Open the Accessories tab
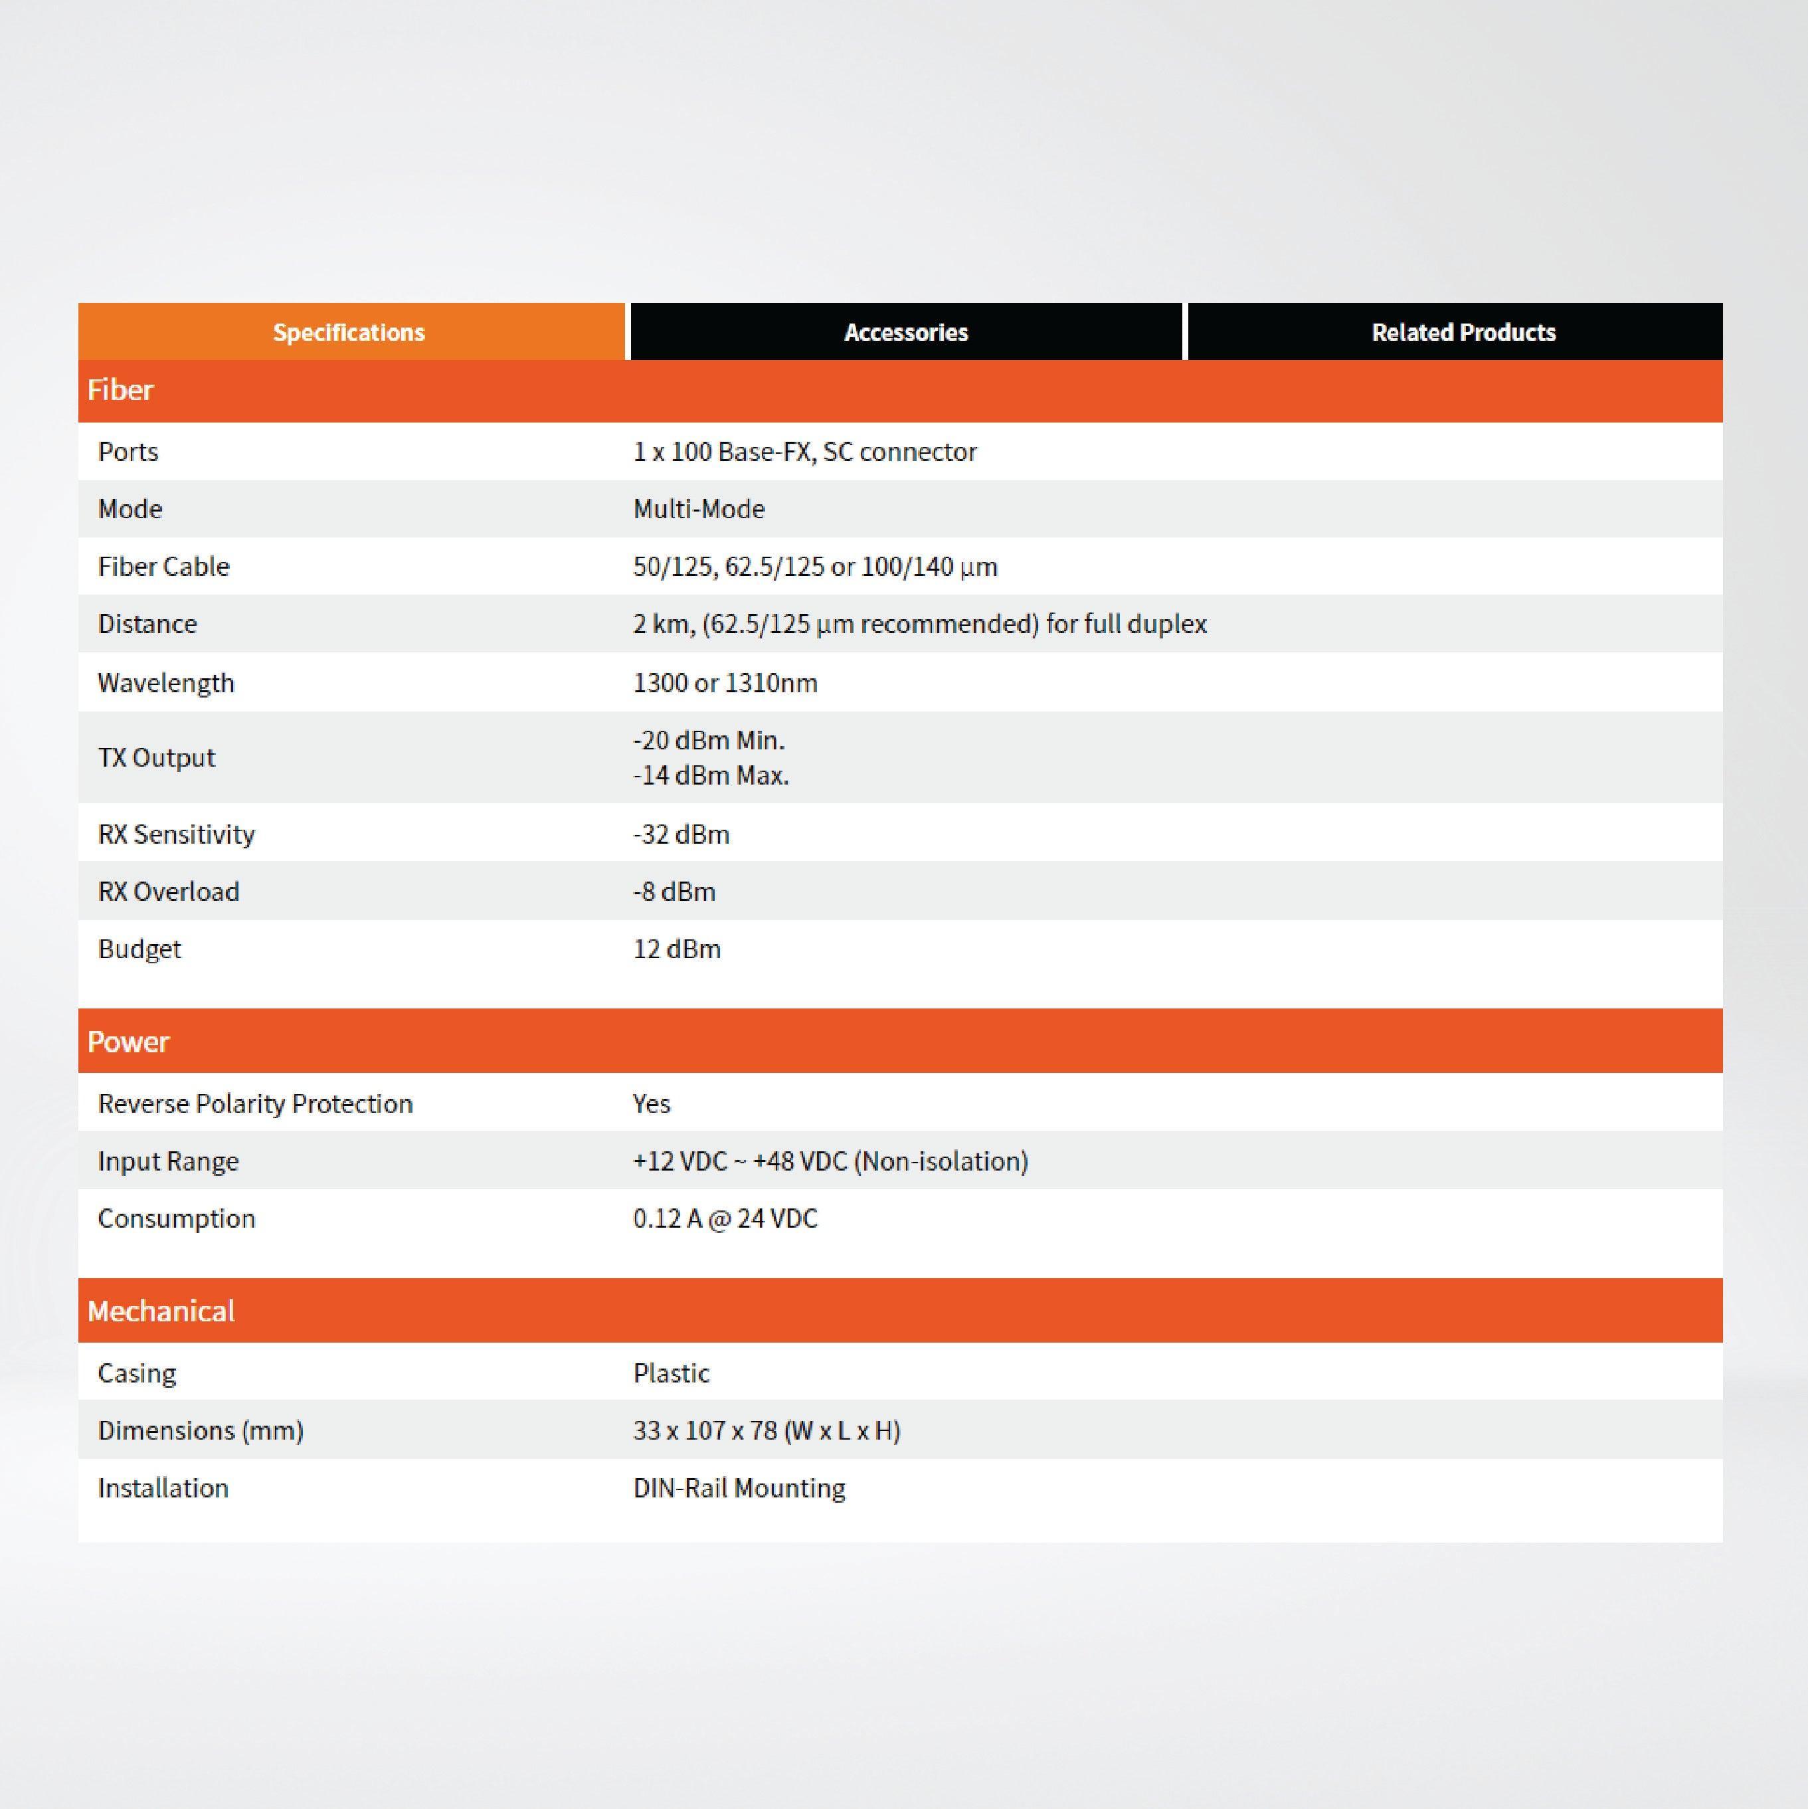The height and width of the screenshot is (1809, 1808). coord(905,332)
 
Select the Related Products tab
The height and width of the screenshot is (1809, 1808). coord(1463,332)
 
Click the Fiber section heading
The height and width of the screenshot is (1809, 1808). coord(121,389)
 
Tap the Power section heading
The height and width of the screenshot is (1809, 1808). coord(128,1041)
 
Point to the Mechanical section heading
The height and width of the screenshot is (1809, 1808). coord(161,1311)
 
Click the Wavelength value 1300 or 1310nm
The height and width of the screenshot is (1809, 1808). coord(725,682)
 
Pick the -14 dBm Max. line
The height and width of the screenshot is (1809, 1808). coord(711,775)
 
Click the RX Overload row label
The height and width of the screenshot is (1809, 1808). coord(169,892)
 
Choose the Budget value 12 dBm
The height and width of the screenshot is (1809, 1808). coord(676,949)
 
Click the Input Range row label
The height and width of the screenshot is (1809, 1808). coord(169,1161)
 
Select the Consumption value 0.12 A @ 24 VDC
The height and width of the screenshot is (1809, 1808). coord(725,1218)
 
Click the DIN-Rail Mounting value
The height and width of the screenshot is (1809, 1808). coord(739,1488)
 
